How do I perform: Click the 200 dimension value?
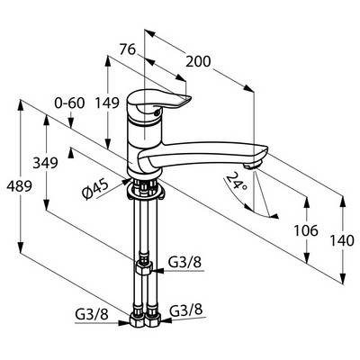(198, 62)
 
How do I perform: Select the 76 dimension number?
(128, 49)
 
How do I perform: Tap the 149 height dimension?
(107, 103)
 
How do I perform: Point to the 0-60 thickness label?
(69, 103)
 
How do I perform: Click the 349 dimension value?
(45, 163)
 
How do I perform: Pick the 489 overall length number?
(20, 186)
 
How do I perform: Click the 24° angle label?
(237, 181)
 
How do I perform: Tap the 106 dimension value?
(306, 230)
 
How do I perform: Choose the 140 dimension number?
(342, 240)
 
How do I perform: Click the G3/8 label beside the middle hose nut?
(184, 263)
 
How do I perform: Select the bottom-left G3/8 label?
(91, 315)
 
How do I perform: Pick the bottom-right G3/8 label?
(186, 310)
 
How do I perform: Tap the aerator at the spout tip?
(252, 166)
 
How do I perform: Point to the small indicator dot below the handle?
(156, 113)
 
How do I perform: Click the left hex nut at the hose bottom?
(137, 320)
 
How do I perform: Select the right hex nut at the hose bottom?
(153, 320)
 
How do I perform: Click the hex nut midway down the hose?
(144, 266)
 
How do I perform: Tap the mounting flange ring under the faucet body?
(146, 192)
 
